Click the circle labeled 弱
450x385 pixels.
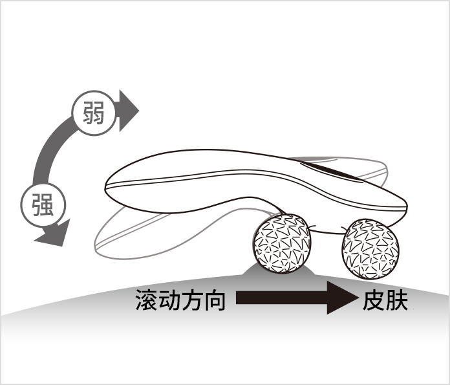click(x=94, y=113)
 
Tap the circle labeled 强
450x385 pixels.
click(x=43, y=205)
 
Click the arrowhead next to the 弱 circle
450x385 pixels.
click(x=129, y=111)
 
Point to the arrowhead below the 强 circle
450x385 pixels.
click(x=54, y=234)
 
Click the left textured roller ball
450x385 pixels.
click(x=282, y=243)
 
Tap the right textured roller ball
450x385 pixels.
click(x=370, y=249)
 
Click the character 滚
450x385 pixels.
click(x=146, y=300)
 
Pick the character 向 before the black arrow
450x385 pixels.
click(x=214, y=300)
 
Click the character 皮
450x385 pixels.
click(x=374, y=300)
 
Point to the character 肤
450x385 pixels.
click(x=396, y=300)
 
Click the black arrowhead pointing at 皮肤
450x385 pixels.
click(x=342, y=298)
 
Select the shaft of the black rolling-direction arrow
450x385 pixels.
click(x=282, y=298)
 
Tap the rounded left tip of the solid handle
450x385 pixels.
click(x=107, y=186)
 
